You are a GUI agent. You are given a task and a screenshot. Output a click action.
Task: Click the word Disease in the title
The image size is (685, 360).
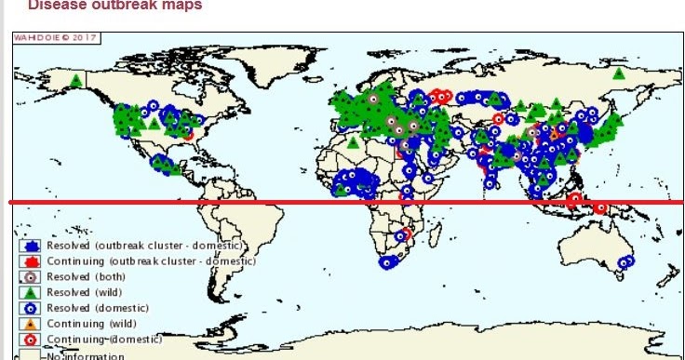(x=52, y=5)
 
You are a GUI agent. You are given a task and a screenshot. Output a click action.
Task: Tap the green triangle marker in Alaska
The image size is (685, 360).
(x=76, y=80)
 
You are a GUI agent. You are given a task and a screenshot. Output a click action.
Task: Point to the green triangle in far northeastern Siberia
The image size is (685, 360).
(x=619, y=73)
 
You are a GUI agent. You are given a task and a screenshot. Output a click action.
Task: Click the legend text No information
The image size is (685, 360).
(x=84, y=354)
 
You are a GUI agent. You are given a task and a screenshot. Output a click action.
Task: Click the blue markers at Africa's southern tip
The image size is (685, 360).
(x=388, y=262)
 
